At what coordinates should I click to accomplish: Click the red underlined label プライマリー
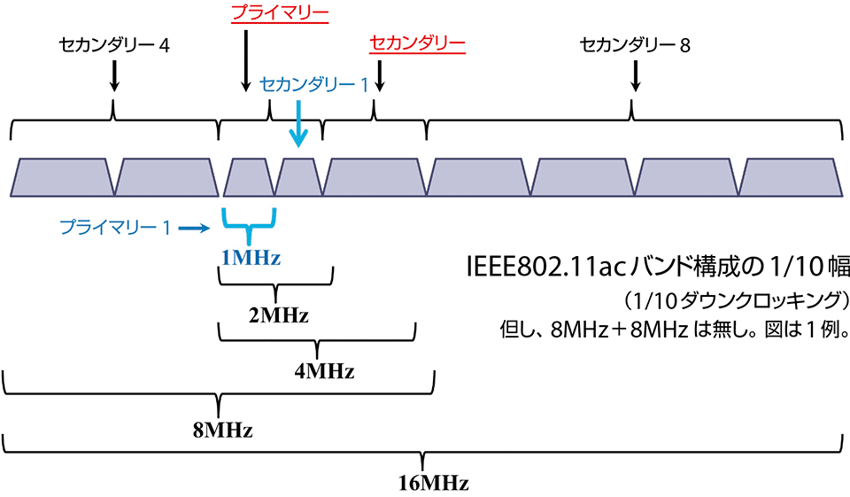coord(279,14)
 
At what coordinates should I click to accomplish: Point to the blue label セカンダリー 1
coord(314,85)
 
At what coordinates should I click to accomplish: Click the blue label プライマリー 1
coord(114,228)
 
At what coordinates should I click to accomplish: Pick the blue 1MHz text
coord(251,259)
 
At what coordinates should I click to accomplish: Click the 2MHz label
coord(278,314)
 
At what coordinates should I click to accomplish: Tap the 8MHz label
coord(222,431)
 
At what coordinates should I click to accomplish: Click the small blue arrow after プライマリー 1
coord(193,229)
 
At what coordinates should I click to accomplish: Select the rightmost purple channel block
coord(791,177)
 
